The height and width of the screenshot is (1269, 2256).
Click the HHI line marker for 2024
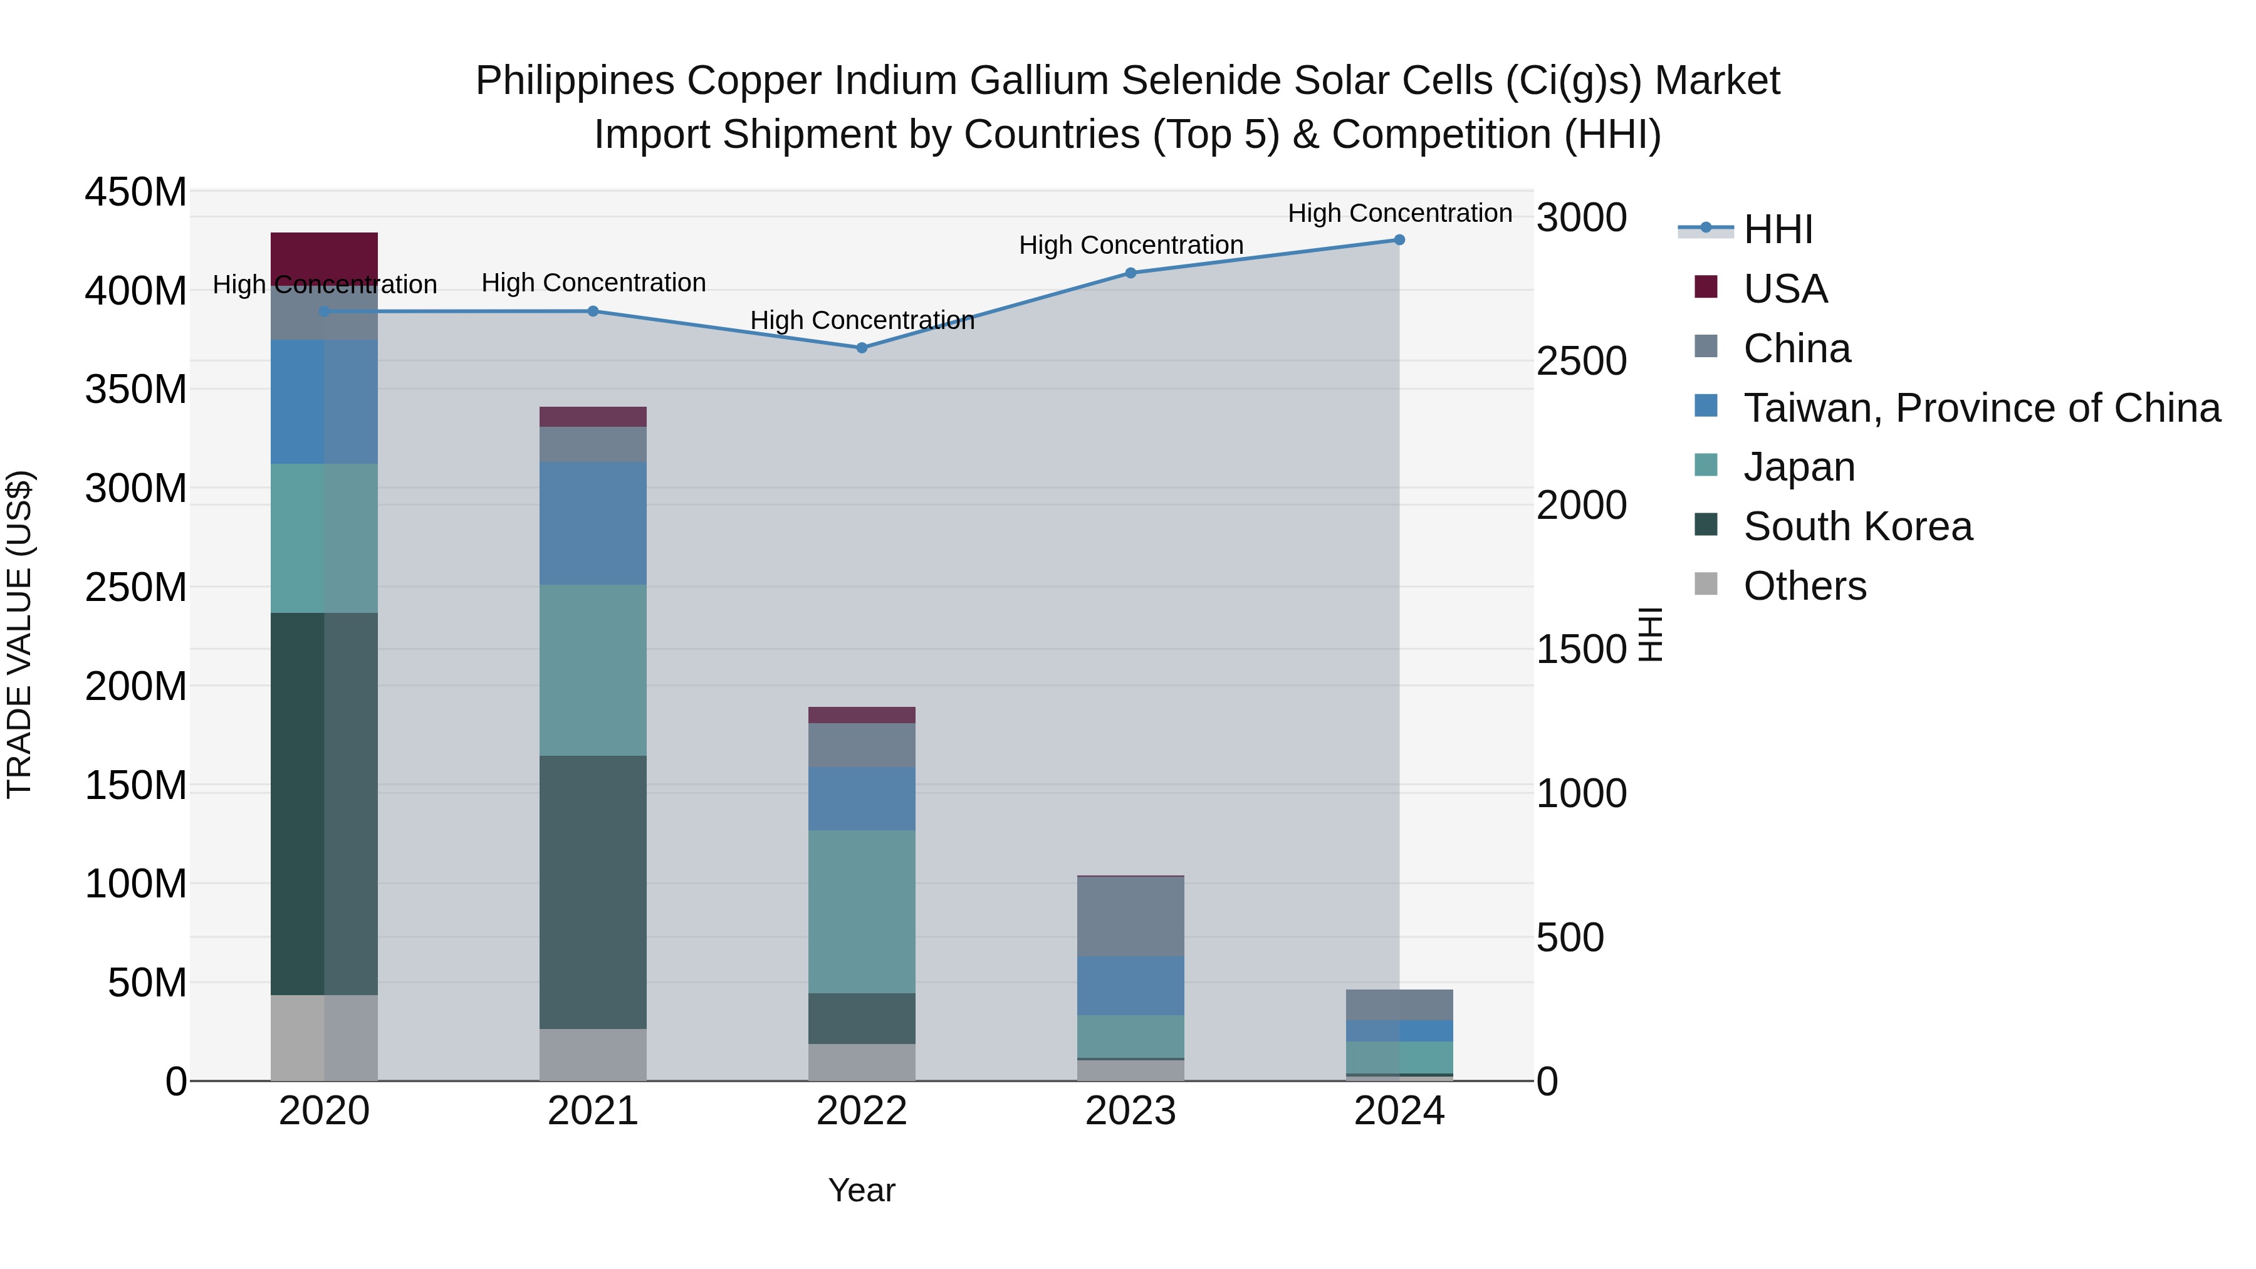point(1399,240)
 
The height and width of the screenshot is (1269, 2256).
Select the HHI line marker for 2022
point(862,348)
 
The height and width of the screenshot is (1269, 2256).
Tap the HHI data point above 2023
point(1130,273)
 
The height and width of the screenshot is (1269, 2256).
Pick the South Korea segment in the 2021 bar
point(593,892)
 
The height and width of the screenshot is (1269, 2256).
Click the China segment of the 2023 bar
point(1130,916)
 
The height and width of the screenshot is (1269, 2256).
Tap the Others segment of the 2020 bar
point(324,1038)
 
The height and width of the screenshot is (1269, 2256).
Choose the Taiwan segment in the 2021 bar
point(593,523)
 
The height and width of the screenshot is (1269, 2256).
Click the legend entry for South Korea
point(1857,526)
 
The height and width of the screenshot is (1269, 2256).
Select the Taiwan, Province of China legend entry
point(1981,408)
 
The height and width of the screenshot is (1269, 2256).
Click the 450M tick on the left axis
point(136,192)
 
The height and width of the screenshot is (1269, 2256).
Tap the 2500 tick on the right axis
point(1581,362)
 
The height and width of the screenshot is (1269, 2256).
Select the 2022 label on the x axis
point(862,1111)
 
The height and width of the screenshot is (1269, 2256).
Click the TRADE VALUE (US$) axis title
point(19,635)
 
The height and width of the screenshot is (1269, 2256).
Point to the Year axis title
point(862,1190)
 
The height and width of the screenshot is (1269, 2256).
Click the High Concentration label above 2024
point(1399,213)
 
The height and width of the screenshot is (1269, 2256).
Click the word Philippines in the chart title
point(575,81)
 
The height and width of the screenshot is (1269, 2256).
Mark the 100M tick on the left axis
point(136,884)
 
